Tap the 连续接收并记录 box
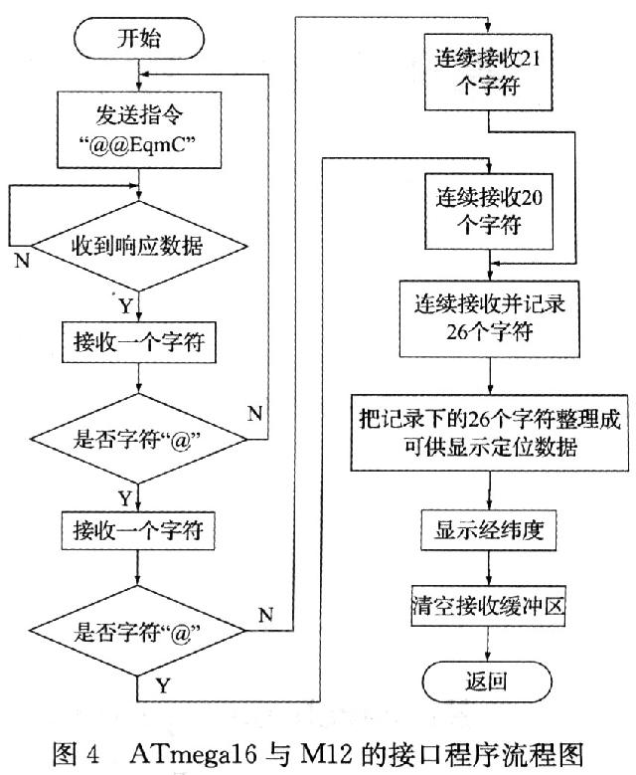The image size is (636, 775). pos(487,317)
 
